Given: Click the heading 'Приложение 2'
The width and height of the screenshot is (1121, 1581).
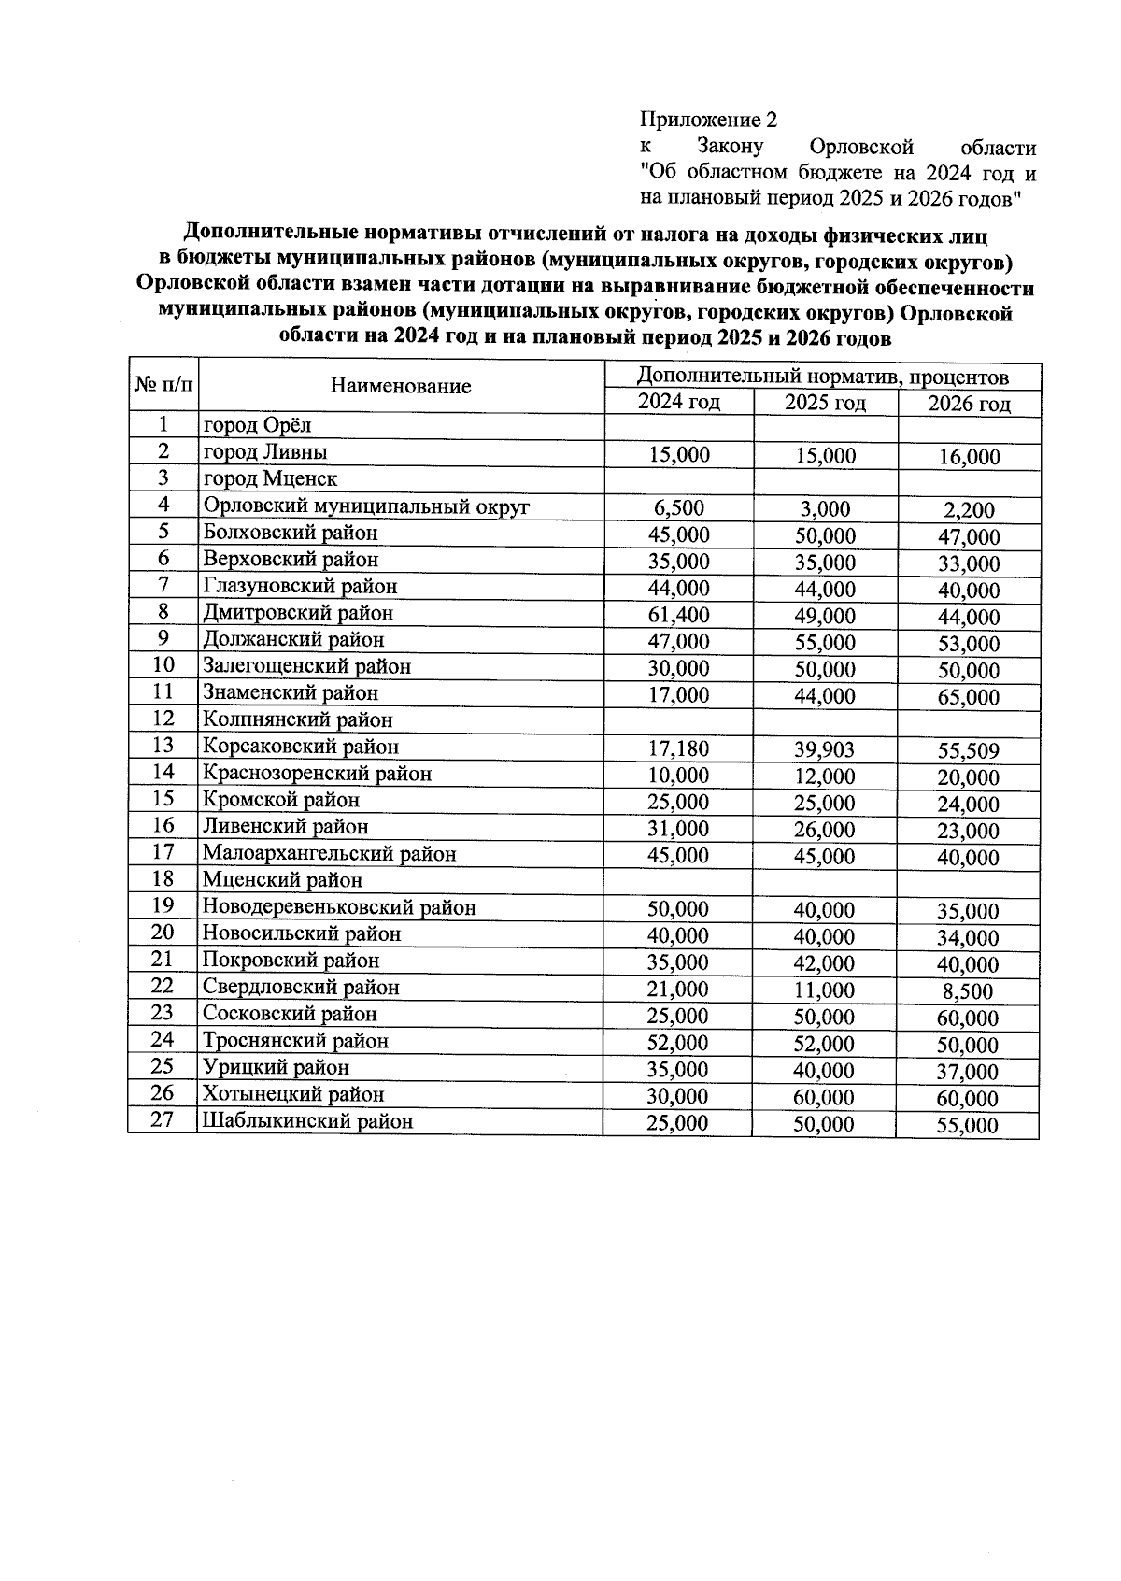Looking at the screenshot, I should tap(708, 121).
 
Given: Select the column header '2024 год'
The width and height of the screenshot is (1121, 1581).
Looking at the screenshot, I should tap(678, 403).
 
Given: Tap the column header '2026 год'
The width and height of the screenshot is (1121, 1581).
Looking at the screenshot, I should tap(969, 404).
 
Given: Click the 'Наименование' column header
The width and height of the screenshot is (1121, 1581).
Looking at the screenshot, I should tap(401, 386).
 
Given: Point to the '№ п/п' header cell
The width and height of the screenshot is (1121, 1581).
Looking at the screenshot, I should tap(163, 384).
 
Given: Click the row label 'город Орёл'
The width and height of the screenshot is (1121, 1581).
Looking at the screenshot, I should tap(258, 426).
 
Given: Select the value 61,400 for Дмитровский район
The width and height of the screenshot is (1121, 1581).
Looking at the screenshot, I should tap(678, 615).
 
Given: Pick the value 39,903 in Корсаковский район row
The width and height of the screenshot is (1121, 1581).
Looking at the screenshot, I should tap(824, 749).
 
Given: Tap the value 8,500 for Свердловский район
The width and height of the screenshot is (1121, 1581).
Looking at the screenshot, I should tap(968, 991).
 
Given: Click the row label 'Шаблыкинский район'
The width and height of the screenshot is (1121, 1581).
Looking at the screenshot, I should tap(308, 1121).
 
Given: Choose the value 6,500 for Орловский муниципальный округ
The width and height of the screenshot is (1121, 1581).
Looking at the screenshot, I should tap(678, 508).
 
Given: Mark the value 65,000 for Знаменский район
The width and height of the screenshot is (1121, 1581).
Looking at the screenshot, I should tap(968, 698).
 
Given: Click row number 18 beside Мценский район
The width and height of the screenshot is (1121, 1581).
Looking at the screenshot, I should tap(163, 879).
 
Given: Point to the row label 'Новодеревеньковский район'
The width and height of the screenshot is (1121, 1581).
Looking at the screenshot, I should tap(340, 907).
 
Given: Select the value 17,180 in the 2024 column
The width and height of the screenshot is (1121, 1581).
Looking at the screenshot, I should tap(678, 748).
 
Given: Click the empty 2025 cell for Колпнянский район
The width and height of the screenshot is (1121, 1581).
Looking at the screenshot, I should tap(825, 720).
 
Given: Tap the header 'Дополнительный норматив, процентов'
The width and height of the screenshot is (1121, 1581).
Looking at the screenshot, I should tap(822, 377).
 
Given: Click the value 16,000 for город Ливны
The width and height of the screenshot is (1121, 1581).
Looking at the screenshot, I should tap(968, 457).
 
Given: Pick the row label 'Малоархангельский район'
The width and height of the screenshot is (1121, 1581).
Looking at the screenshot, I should tap(330, 854).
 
